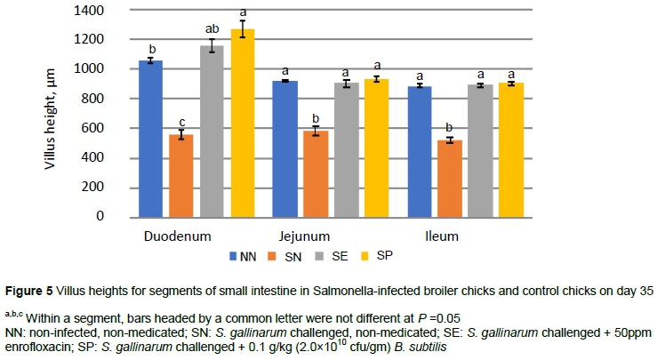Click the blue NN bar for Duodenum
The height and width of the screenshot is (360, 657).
150,138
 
